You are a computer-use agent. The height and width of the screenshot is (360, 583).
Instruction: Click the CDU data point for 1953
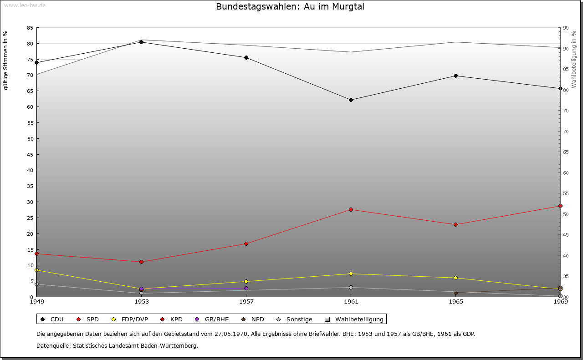pyautogui.click(x=141, y=42)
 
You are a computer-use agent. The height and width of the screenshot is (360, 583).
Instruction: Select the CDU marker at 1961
pyautogui.click(x=351, y=100)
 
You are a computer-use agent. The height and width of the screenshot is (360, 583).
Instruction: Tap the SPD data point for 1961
pyautogui.click(x=351, y=209)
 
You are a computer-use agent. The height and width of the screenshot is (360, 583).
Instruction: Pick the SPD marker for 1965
pyautogui.click(x=455, y=224)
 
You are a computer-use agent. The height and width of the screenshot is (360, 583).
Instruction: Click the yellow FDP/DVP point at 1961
pyautogui.click(x=351, y=274)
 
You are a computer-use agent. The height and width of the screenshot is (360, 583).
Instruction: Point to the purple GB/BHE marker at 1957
pyautogui.click(x=246, y=288)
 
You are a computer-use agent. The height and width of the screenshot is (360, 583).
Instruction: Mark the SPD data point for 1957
pyautogui.click(x=246, y=243)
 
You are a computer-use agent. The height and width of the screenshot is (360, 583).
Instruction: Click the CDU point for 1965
pyautogui.click(x=455, y=76)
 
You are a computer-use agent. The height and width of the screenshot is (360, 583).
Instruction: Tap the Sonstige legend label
pyautogui.click(x=299, y=319)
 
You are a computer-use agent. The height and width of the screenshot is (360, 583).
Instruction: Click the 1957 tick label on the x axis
pyautogui.click(x=246, y=301)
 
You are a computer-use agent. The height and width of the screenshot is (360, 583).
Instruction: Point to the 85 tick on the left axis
pyautogui.click(x=30, y=28)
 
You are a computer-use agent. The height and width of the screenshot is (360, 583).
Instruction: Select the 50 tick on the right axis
pyautogui.click(x=566, y=214)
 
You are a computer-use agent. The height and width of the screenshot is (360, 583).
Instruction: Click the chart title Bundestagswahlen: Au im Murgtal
pyautogui.click(x=290, y=7)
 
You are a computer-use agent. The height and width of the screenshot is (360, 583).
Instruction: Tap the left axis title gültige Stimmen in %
pyautogui.click(x=6, y=60)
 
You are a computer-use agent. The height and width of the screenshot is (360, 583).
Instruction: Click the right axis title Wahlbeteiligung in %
pyautogui.click(x=574, y=59)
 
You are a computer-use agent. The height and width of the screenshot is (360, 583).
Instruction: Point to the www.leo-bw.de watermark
pyautogui.click(x=24, y=5)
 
